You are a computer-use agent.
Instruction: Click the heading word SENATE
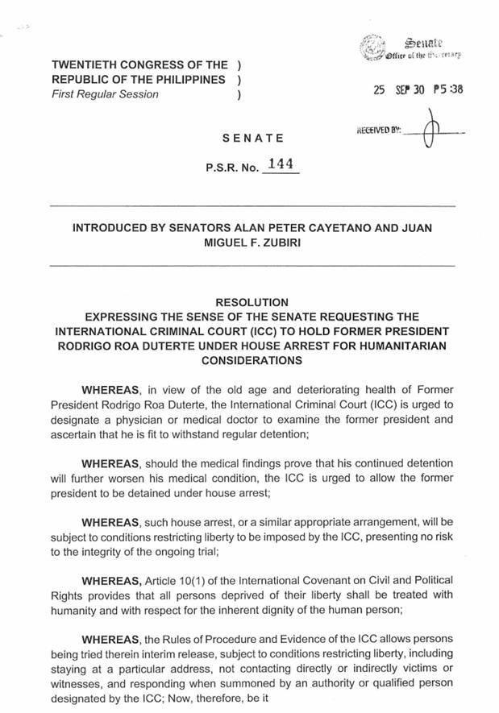tap(252, 139)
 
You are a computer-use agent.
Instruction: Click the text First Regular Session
tap(105, 93)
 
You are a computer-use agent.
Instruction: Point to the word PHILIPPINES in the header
tap(182, 79)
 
